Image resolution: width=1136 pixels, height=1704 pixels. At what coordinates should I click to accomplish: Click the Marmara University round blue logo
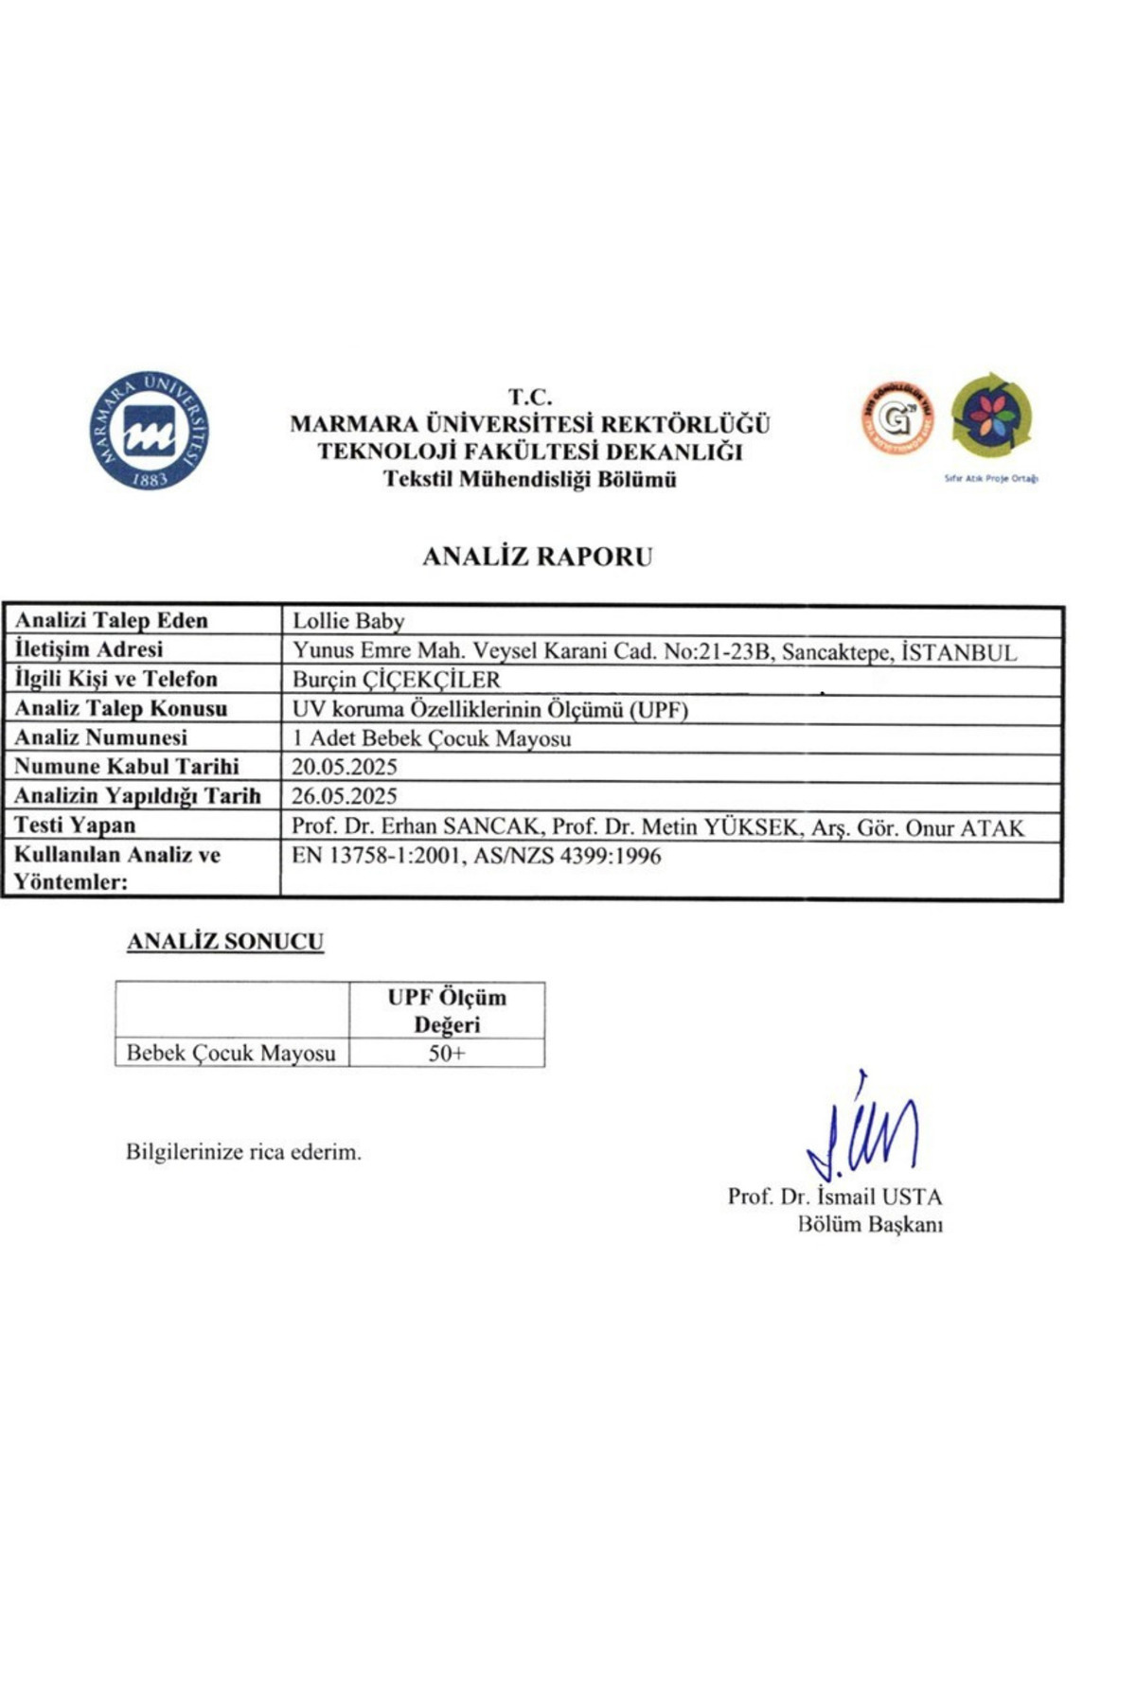point(150,431)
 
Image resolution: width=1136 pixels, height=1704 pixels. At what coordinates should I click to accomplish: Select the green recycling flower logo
point(991,417)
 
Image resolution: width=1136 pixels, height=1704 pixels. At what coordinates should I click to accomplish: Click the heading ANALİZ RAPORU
point(537,557)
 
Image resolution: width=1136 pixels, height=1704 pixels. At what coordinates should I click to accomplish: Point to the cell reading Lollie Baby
point(348,621)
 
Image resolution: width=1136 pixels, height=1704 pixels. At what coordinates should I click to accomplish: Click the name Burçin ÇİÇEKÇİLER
point(396,680)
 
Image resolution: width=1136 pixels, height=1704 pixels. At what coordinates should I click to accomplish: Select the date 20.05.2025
point(344,767)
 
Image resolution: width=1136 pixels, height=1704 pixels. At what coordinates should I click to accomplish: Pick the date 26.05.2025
point(344,796)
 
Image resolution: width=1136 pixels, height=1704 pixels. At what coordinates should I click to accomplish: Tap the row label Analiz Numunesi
point(100,737)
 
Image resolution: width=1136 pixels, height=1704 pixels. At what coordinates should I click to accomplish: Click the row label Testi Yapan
point(75,825)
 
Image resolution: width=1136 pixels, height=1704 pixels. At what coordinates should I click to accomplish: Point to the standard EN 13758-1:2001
point(374,857)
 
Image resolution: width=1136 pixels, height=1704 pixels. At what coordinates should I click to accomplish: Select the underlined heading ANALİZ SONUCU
point(225,942)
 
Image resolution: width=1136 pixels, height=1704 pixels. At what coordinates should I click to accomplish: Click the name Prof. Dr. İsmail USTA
point(834,1197)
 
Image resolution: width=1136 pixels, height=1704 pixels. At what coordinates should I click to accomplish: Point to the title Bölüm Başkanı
point(870,1225)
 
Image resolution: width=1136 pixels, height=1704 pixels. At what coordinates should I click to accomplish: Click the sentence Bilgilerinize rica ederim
point(243,1153)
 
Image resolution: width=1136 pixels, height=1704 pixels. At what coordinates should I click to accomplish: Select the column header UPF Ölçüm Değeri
point(447,1011)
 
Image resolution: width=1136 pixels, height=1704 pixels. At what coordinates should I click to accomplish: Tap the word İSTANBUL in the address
point(960,652)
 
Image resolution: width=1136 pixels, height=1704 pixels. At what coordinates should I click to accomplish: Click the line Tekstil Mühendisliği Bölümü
point(529,480)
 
